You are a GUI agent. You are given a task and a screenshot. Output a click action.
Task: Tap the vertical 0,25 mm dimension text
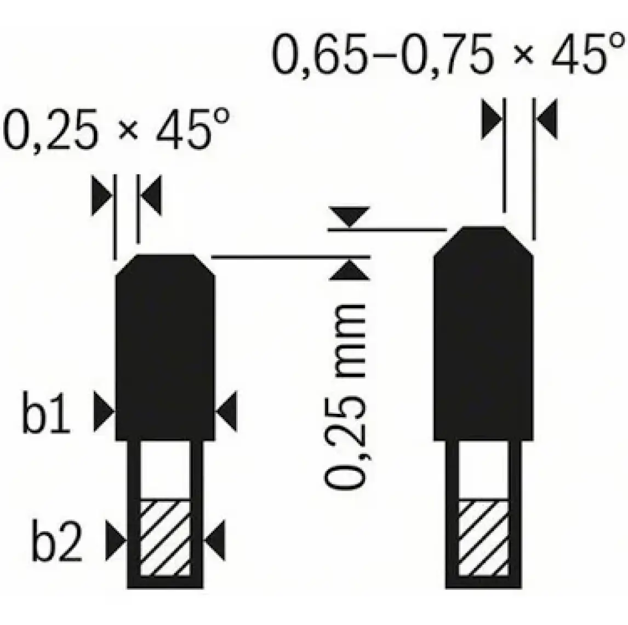click(x=345, y=396)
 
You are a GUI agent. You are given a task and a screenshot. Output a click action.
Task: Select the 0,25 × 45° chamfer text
click(x=116, y=129)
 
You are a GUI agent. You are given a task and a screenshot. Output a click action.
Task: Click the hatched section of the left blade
click(x=164, y=538)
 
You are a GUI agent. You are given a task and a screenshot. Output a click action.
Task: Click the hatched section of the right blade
click(x=483, y=538)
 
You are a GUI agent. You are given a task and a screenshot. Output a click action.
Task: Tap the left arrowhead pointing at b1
click(x=104, y=411)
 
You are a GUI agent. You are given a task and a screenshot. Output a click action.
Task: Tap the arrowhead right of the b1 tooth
click(x=226, y=411)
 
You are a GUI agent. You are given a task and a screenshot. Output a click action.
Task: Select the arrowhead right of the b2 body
click(x=215, y=539)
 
